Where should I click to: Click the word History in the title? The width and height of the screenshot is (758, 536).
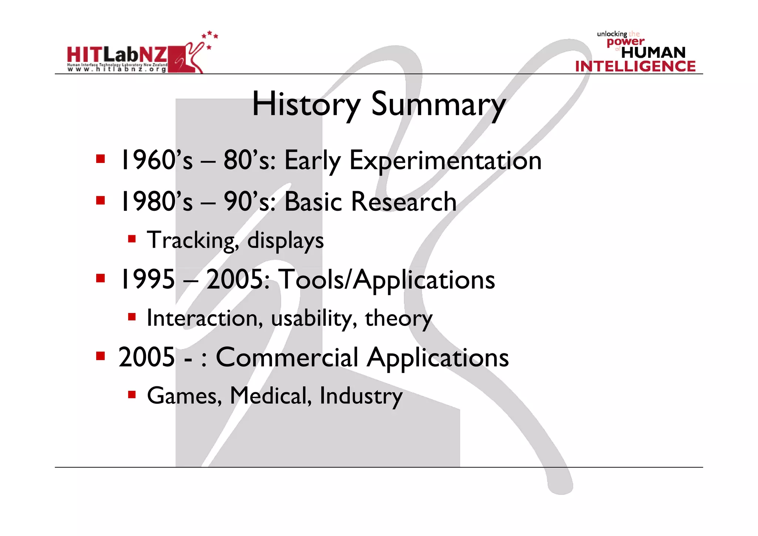[306, 104]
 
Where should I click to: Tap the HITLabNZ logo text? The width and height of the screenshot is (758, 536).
[117, 56]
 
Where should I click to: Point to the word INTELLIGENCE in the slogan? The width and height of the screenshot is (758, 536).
[635, 66]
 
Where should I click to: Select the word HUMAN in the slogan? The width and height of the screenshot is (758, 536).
[653, 53]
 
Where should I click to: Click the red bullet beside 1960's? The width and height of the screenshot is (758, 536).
[100, 159]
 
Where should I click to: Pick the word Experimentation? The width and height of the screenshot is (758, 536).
[445, 161]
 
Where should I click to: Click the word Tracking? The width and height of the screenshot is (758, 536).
[193, 240]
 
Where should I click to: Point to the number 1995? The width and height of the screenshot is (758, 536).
[147, 279]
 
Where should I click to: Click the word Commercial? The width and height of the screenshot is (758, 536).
[287, 357]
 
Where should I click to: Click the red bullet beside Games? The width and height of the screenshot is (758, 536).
[132, 394]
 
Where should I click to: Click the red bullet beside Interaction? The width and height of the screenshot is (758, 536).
[132, 317]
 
